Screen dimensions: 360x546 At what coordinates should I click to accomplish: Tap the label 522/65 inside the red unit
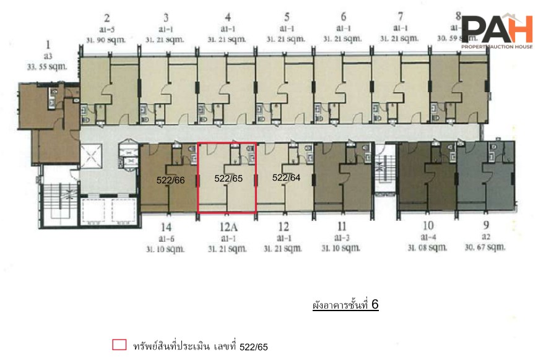click(x=228, y=178)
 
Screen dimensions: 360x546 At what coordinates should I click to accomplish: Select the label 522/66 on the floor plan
click(x=170, y=180)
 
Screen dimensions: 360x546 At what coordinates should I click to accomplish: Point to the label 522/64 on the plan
click(x=286, y=178)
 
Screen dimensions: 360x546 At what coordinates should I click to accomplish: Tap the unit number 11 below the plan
click(x=342, y=227)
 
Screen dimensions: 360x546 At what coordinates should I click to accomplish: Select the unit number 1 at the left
click(x=48, y=45)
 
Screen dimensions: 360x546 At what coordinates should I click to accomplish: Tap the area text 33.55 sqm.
click(x=48, y=66)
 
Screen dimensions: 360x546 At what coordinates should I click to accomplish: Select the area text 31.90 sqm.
click(x=106, y=39)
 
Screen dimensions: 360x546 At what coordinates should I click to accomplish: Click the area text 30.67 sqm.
click(x=486, y=247)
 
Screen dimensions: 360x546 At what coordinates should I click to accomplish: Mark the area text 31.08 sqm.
click(x=428, y=247)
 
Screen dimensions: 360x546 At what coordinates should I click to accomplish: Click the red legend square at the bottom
click(x=119, y=345)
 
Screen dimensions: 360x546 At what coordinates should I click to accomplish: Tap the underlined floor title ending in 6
click(x=345, y=306)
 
